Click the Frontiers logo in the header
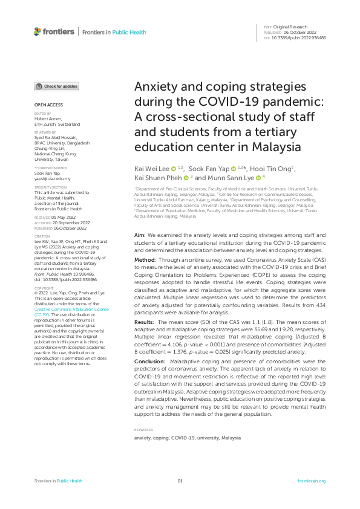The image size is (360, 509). [x=54, y=31]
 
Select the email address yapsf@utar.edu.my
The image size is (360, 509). [x=52, y=179]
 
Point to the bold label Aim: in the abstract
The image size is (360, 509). [x=140, y=234]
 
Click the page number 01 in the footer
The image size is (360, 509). [x=180, y=481]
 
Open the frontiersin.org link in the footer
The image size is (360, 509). [x=312, y=481]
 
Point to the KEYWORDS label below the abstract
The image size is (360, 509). [x=143, y=430]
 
